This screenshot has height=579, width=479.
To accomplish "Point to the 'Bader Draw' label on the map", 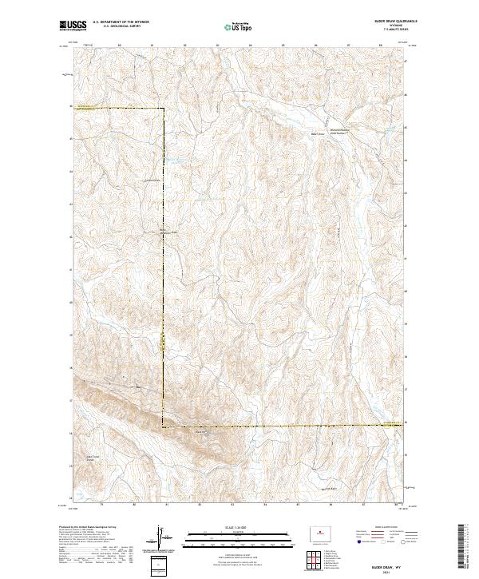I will pyautogui.click(x=317, y=134).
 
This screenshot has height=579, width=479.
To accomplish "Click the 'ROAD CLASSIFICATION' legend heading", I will pyautogui.click(x=377, y=527).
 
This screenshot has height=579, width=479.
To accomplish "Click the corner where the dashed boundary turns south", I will pyautogui.click(x=164, y=109).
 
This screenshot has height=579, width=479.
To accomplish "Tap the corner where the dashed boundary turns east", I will pyautogui.click(x=164, y=428).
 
